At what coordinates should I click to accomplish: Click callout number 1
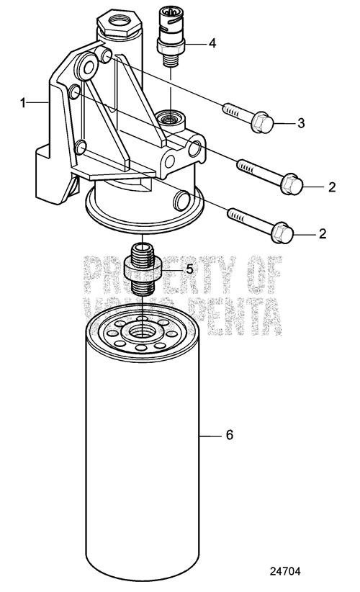coord(23,104)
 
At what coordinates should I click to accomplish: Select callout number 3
coord(301,123)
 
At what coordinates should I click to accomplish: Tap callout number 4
coord(212,43)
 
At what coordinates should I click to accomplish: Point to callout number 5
coord(190,269)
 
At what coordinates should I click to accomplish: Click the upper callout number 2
coord(332,187)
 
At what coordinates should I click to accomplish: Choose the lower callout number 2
coord(332,235)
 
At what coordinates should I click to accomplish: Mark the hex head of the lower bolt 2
coord(283,233)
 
